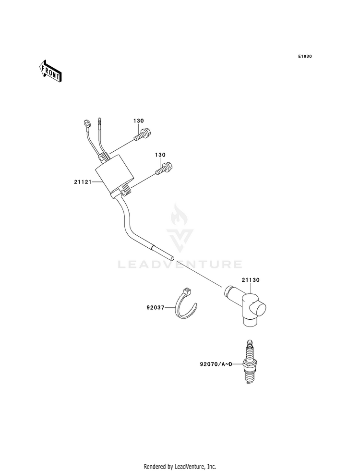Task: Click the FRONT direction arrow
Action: pyautogui.click(x=50, y=71)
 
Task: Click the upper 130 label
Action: pyautogui.click(x=138, y=121)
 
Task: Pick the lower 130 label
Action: pyautogui.click(x=160, y=155)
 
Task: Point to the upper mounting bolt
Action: pyautogui.click(x=142, y=133)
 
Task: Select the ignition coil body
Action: pyautogui.click(x=115, y=178)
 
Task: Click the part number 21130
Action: pyautogui.click(x=251, y=279)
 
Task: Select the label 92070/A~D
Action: pyautogui.click(x=216, y=364)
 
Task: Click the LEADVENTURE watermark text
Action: pyautogui.click(x=180, y=264)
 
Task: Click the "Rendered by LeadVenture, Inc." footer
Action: pyautogui.click(x=180, y=466)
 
